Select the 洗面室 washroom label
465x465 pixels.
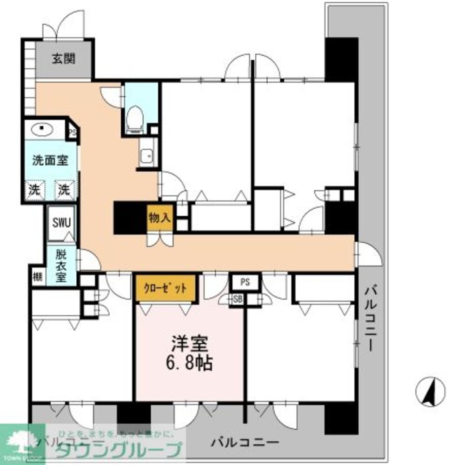51,161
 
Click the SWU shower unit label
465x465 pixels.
61,222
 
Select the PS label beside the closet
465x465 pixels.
246,282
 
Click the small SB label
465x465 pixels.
238,299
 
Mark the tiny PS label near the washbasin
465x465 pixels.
73,132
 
